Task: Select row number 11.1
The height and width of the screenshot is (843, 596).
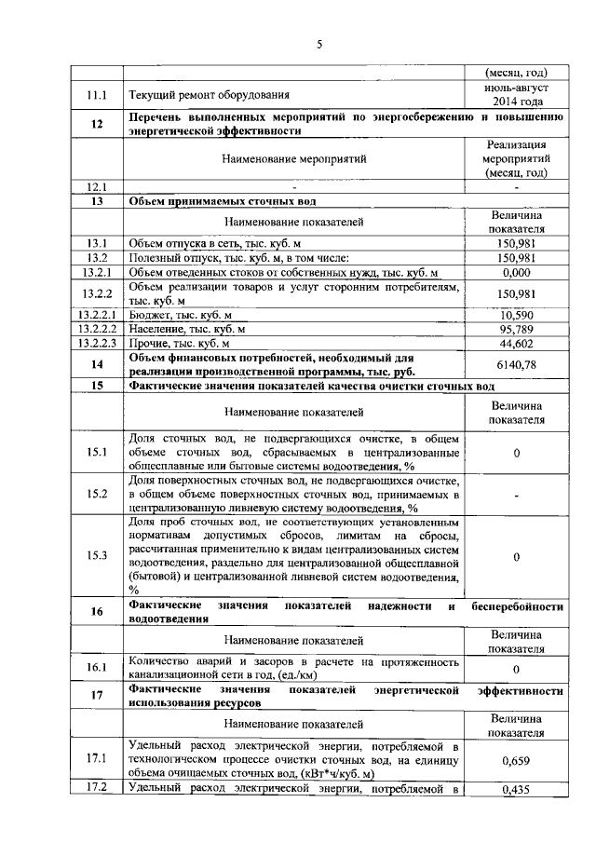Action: pos(97,94)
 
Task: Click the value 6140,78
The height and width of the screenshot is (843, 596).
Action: pos(517,364)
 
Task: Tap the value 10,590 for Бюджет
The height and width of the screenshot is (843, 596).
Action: pos(517,316)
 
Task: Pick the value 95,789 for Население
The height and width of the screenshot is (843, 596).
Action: pos(517,330)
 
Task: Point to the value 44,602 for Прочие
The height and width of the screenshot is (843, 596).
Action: pos(517,344)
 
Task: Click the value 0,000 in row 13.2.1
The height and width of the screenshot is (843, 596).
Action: pos(517,272)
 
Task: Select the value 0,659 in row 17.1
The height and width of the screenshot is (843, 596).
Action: pos(517,760)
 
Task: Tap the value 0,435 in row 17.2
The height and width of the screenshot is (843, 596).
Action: pos(517,790)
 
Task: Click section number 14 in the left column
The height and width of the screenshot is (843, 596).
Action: pos(97,364)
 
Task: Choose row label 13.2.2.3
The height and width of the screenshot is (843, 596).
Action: pos(97,344)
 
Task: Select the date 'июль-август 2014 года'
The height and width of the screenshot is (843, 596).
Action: pos(517,94)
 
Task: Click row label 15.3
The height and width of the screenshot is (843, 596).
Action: pos(97,556)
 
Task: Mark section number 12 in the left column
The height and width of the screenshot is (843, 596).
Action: pos(97,124)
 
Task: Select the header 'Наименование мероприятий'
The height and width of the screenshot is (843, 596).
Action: pos(294,158)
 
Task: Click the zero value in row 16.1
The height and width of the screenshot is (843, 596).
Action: pos(517,669)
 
